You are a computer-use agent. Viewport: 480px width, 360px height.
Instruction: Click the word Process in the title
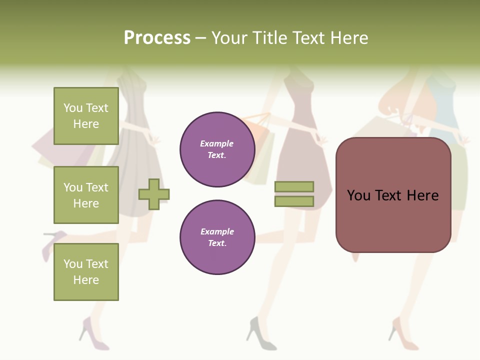(157, 38)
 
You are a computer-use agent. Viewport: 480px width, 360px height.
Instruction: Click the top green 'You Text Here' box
(86, 116)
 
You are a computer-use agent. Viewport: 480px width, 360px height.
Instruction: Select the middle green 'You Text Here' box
(86, 195)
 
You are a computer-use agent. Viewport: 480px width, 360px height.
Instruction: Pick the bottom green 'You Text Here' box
(86, 272)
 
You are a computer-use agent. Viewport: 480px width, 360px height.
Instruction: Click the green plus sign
(154, 194)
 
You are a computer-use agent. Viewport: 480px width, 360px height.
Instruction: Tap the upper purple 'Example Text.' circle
(217, 149)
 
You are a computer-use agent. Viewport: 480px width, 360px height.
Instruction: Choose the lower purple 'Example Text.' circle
(217, 237)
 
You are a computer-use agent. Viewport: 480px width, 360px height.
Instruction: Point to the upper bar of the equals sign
(294, 186)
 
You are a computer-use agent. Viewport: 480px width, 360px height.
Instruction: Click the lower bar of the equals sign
(294, 201)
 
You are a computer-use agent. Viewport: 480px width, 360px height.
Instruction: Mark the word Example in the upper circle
(217, 144)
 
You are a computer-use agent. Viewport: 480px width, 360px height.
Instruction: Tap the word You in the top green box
(73, 108)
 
